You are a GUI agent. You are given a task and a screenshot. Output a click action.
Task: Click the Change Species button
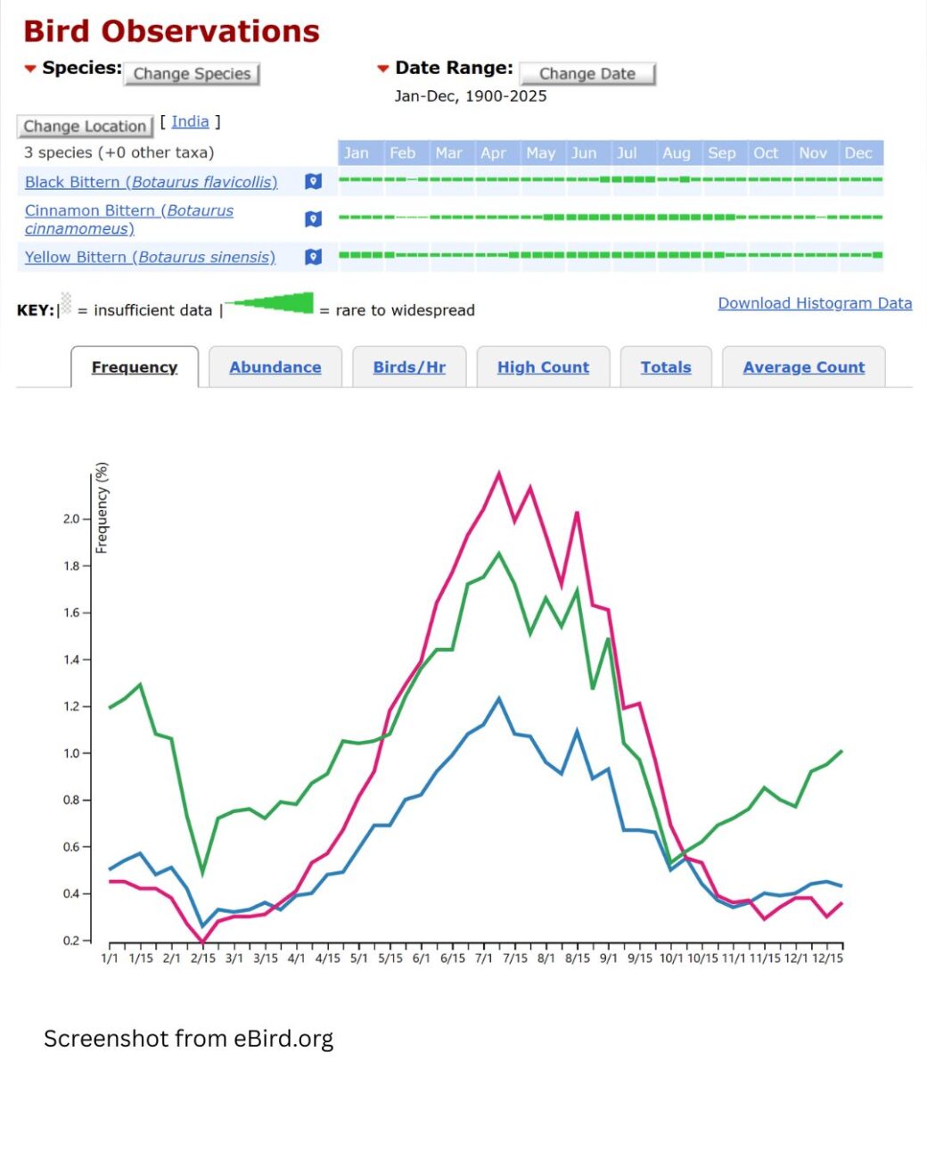pyautogui.click(x=192, y=74)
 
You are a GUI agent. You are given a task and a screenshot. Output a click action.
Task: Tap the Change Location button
pyautogui.click(x=85, y=127)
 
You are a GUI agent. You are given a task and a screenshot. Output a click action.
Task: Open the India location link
pyautogui.click(x=190, y=122)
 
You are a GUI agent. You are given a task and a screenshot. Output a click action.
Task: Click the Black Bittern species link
pyautogui.click(x=151, y=182)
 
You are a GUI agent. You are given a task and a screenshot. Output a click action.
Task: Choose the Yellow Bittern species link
pyautogui.click(x=150, y=257)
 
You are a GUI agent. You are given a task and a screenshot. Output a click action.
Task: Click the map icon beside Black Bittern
pyautogui.click(x=313, y=182)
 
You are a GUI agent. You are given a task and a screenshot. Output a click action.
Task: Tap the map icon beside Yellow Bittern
pyautogui.click(x=313, y=257)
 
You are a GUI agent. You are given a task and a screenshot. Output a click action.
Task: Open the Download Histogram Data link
pyautogui.click(x=815, y=303)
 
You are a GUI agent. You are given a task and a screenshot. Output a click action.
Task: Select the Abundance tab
pyautogui.click(x=275, y=367)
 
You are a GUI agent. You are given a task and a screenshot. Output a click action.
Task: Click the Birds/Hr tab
pyautogui.click(x=409, y=367)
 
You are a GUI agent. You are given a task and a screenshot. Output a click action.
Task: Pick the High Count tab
pyautogui.click(x=543, y=367)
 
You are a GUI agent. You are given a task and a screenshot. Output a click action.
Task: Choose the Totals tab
pyautogui.click(x=666, y=367)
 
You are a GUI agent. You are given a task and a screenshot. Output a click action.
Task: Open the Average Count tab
pyautogui.click(x=803, y=367)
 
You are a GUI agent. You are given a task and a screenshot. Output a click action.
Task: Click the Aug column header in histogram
pyautogui.click(x=677, y=153)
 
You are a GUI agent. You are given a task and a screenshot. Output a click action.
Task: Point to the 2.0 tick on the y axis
pyautogui.click(x=71, y=519)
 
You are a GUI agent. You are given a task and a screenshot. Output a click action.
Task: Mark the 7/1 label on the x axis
pyautogui.click(x=484, y=958)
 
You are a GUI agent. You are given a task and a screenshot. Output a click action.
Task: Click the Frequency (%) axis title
pyautogui.click(x=103, y=508)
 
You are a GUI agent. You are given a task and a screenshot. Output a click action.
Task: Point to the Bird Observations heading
pyautogui.click(x=171, y=31)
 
